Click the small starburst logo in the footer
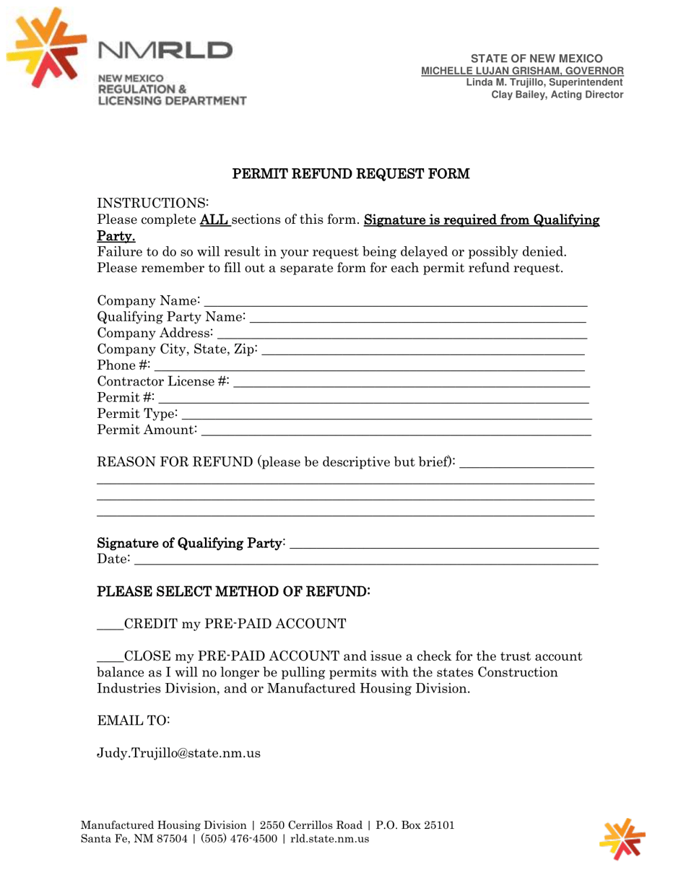pyautogui.click(x=622, y=839)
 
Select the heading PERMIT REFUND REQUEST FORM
pyautogui.click(x=350, y=174)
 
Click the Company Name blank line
pyautogui.click(x=395, y=302)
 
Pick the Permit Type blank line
pyautogui.click(x=387, y=417)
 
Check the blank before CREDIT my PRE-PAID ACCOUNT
pyautogui.click(x=110, y=624)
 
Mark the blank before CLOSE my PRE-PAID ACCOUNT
pyautogui.click(x=110, y=658)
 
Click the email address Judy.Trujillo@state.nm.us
pyautogui.click(x=178, y=753)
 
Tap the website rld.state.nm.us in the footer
pyautogui.click(x=330, y=839)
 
